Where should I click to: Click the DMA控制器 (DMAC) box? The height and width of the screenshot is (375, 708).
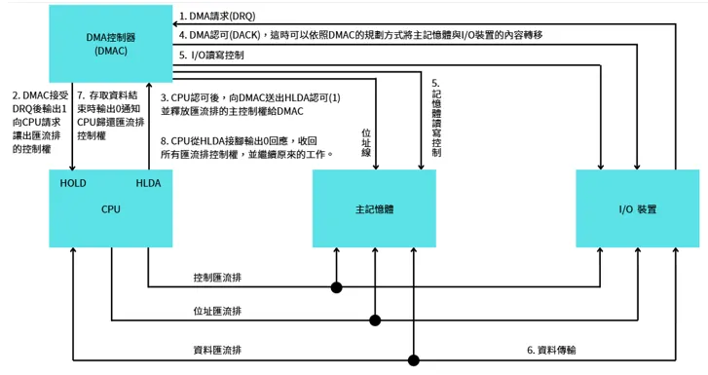110,45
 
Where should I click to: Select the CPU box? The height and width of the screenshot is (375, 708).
110,208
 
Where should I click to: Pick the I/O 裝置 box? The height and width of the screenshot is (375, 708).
637,208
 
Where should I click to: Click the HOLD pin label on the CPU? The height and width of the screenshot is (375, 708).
73,183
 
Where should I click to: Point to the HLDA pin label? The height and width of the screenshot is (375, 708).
149,183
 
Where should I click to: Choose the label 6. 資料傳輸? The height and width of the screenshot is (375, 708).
551,349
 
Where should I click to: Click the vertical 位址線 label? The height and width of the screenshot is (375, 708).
365,140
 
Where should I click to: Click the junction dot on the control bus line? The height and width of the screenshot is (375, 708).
337,287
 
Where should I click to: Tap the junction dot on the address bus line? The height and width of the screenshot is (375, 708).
375,319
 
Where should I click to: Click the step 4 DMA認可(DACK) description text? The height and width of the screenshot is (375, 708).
360,35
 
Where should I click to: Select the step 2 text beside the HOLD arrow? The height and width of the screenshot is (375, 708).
36,122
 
